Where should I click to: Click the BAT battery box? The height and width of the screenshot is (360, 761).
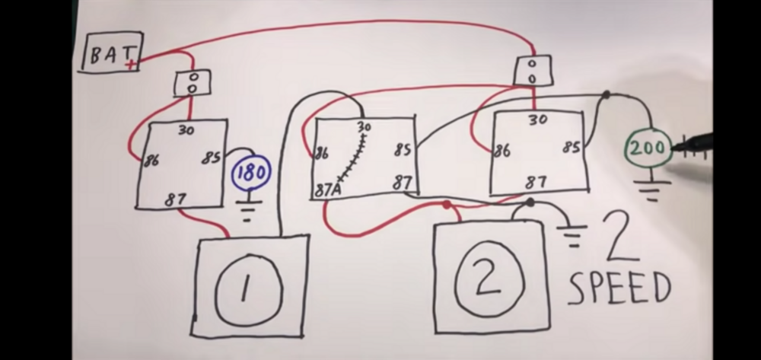pyautogui.click(x=111, y=53)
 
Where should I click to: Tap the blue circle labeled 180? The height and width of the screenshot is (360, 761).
pyautogui.click(x=251, y=173)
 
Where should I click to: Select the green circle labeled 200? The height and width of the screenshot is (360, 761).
pyautogui.click(x=648, y=148)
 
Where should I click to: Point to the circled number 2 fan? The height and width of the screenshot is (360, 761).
pyautogui.click(x=490, y=279)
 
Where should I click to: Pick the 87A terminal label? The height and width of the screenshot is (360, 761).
pyautogui.click(x=328, y=188)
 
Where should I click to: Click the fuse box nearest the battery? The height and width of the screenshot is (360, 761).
pyautogui.click(x=192, y=83)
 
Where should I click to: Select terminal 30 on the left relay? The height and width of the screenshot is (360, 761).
pyautogui.click(x=186, y=130)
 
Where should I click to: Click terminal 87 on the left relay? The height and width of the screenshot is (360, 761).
pyautogui.click(x=175, y=200)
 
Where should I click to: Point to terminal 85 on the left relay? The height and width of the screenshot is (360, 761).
pyautogui.click(x=211, y=158)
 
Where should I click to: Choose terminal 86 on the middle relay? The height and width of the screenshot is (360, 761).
pyautogui.click(x=320, y=154)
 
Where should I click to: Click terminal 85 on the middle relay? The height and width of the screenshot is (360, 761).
pyautogui.click(x=403, y=151)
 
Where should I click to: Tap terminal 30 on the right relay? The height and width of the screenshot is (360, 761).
pyautogui.click(x=537, y=119)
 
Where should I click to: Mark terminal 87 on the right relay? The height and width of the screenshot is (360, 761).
pyautogui.click(x=535, y=183)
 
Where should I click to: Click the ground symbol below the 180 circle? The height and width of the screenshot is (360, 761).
pyautogui.click(x=246, y=209)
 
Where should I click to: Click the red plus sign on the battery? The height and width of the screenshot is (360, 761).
pyautogui.click(x=132, y=64)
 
